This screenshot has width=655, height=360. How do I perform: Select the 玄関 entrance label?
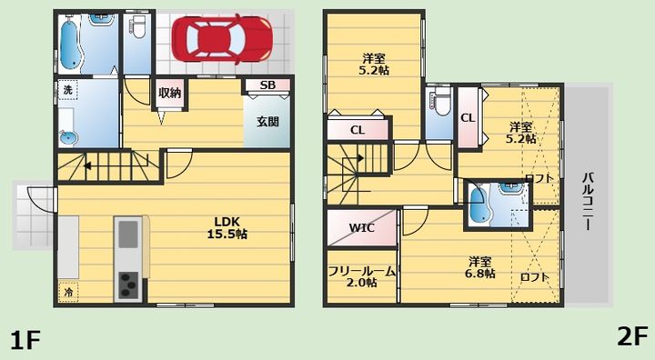coord(267,121)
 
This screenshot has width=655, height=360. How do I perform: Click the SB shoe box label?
coord(267,85)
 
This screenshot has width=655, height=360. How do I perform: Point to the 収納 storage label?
coord(169,92)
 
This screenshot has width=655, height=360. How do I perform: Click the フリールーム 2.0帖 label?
coord(361,275)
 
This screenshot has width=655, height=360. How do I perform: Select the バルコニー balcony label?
coord(589,199)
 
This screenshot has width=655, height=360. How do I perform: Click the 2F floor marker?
coord(631,337)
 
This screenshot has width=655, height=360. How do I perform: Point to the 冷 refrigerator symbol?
coord(70,292)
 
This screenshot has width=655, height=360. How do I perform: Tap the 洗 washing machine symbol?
coord(67,91)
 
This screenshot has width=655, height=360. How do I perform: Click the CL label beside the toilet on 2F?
coord(468,117)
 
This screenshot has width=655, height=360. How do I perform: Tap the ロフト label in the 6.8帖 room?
coord(534,277)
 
